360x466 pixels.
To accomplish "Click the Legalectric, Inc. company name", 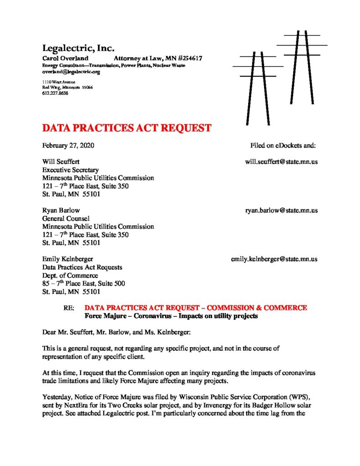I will click(78, 48).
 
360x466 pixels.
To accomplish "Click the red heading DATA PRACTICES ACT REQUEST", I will click(127, 128).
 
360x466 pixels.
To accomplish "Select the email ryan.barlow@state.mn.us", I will click(281, 210).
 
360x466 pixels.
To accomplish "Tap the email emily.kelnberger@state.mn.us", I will click(274, 259).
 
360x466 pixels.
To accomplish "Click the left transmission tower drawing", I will click(258, 86).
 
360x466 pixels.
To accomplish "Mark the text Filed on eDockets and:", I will click(283, 146).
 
